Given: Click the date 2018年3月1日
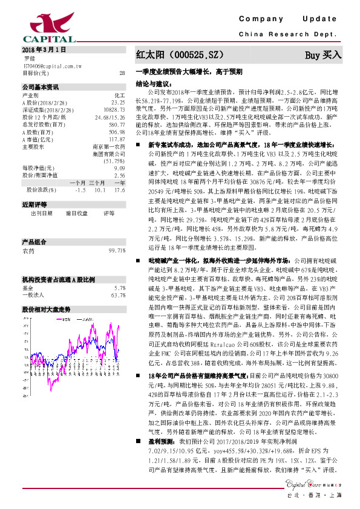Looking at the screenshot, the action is (x=44, y=49).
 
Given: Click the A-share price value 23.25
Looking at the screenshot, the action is (x=118, y=103).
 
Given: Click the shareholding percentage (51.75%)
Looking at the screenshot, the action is (x=114, y=161).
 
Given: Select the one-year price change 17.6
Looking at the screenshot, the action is (x=119, y=189).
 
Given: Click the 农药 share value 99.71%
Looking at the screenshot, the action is (x=116, y=250).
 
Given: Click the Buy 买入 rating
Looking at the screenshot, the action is (x=323, y=54).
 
